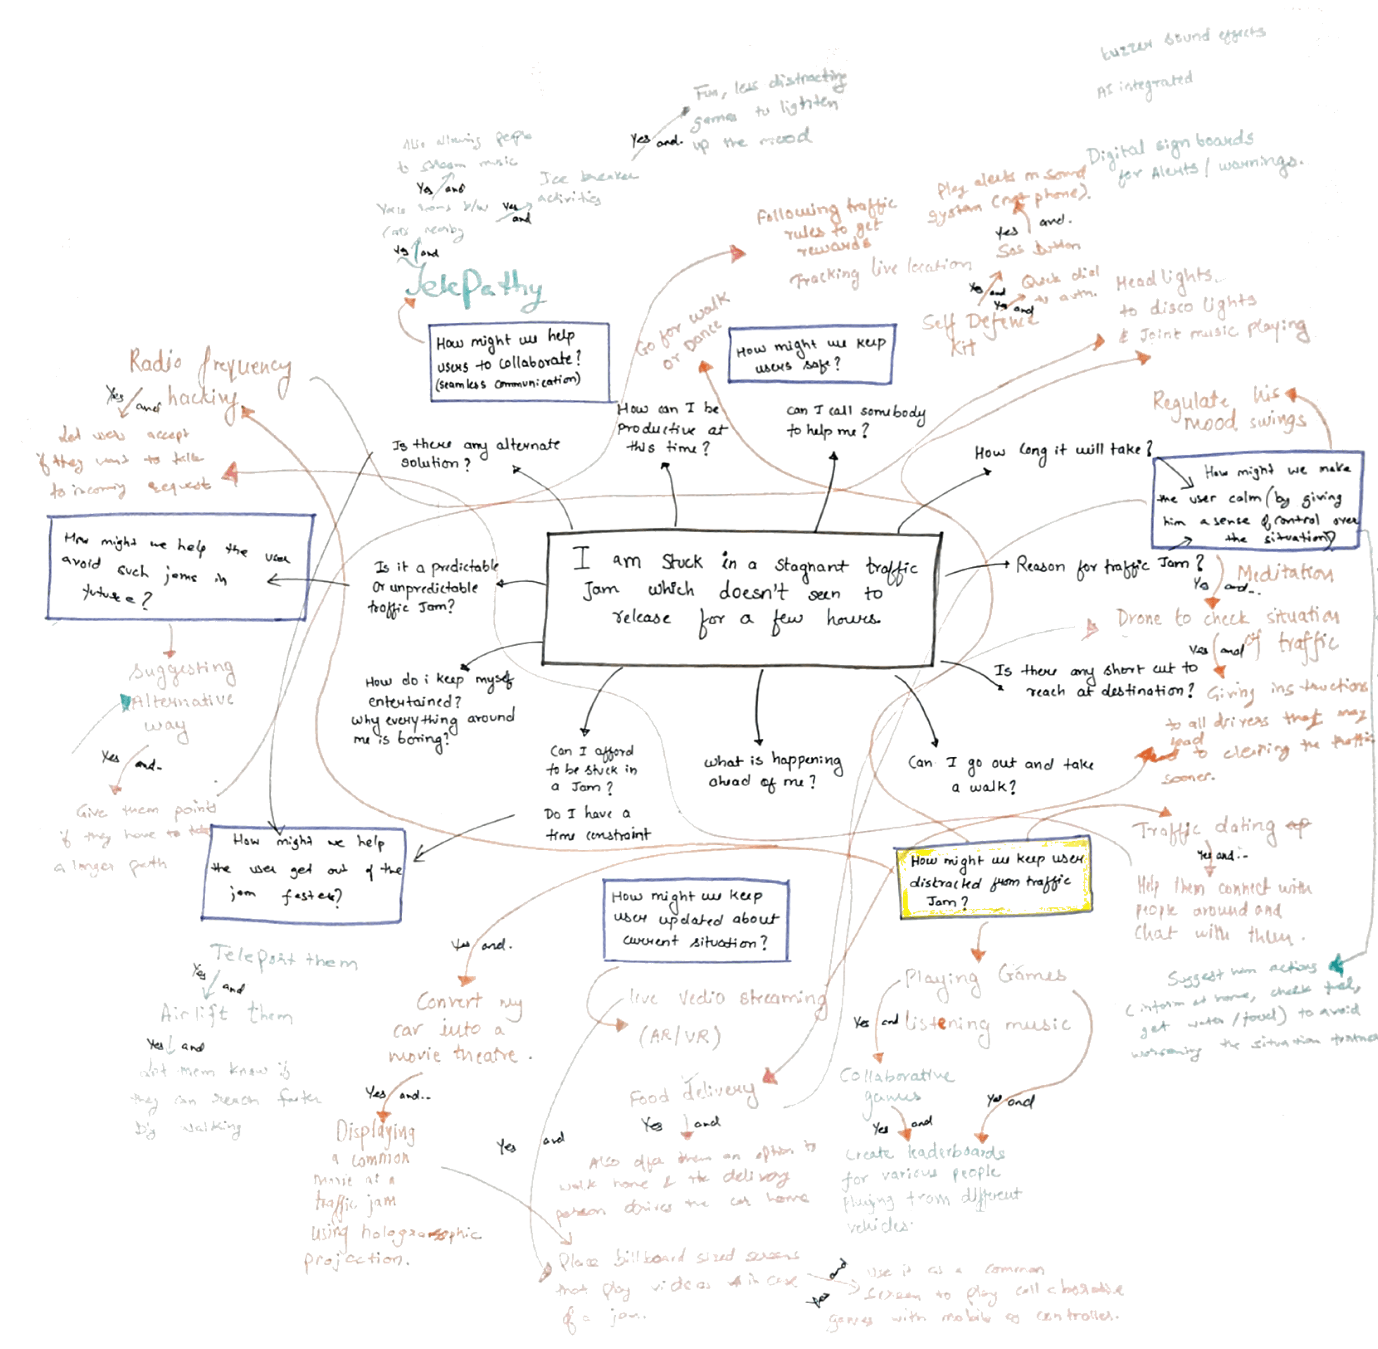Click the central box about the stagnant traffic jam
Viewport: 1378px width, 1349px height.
pyautogui.click(x=741, y=599)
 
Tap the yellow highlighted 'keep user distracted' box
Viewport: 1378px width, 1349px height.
pyautogui.click(x=993, y=879)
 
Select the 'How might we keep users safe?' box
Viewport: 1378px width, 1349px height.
pyautogui.click(x=811, y=354)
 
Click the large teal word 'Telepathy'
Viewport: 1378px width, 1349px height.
pyautogui.click(x=475, y=287)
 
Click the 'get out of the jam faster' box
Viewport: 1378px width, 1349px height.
pyautogui.click(x=303, y=874)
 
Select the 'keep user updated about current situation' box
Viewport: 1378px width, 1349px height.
pyautogui.click(x=696, y=919)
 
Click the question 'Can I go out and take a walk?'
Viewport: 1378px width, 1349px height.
pyautogui.click(x=999, y=774)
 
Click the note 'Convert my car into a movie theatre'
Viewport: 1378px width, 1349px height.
pyautogui.click(x=461, y=1027)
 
